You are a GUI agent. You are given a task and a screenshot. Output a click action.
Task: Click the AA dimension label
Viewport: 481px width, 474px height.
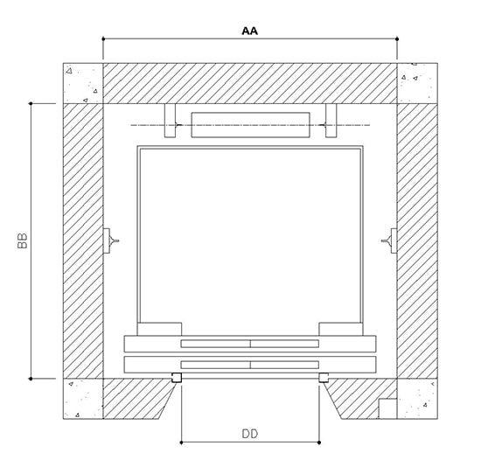[250, 31]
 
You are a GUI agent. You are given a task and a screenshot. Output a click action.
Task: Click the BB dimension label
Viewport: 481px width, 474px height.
[23, 240]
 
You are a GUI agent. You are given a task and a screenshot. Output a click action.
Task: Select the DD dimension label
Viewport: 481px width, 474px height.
[250, 434]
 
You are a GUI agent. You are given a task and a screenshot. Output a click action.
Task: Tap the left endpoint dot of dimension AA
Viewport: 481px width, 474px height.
[103, 39]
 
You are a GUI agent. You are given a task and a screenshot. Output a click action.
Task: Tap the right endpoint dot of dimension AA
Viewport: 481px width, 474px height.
[397, 39]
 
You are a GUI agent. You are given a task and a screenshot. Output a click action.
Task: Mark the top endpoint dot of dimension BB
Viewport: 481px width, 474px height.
[31, 104]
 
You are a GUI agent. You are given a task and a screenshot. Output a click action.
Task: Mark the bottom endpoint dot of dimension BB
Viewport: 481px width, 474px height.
[31, 379]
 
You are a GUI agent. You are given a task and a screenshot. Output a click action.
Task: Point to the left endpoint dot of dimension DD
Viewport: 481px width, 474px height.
[181, 443]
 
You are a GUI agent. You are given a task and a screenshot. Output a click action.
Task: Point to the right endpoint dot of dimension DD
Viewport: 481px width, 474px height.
[319, 443]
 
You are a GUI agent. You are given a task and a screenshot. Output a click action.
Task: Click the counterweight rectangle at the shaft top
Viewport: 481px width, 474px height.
[251, 125]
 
